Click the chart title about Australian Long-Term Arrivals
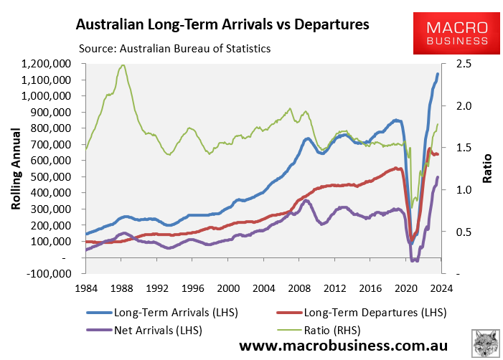pyautogui.click(x=222, y=24)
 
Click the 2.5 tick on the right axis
pyautogui.click(x=453, y=64)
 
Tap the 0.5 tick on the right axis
pyautogui.click(x=453, y=232)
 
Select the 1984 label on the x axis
pyautogui.click(x=85, y=288)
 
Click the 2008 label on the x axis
pyautogui.click(x=299, y=288)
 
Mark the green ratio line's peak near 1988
pyautogui.click(x=123, y=65)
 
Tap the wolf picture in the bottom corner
pyautogui.click(x=486, y=343)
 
